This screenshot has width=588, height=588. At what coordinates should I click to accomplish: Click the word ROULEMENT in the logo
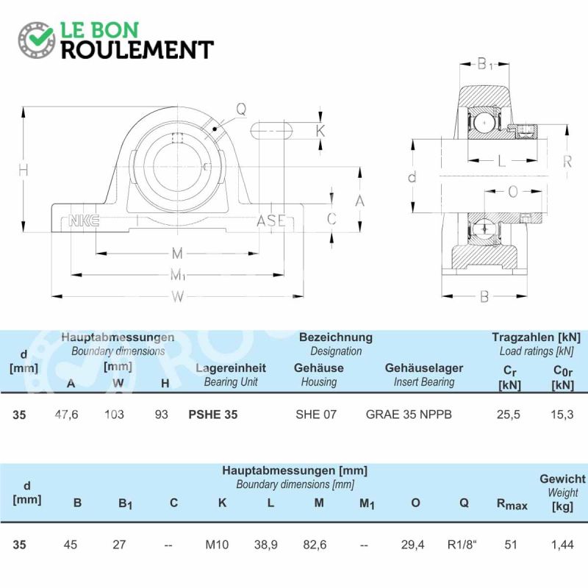137,50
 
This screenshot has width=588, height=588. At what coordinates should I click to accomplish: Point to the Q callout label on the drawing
241,109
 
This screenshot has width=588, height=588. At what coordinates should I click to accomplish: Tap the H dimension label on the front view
24,170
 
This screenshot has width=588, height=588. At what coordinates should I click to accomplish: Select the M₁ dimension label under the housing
178,275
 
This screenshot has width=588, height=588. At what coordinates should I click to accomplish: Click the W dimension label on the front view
178,297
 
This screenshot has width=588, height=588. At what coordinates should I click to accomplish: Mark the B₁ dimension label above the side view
484,64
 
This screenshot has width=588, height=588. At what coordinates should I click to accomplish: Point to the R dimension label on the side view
567,162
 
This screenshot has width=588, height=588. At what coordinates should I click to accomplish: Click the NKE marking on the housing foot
84,221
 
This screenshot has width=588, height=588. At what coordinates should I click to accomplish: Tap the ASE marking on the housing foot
271,220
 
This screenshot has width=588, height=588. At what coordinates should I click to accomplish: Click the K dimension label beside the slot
320,132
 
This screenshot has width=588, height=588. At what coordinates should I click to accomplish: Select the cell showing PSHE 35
213,415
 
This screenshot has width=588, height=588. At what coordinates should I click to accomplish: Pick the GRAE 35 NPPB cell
409,415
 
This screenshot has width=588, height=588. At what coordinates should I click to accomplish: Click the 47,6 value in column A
66,415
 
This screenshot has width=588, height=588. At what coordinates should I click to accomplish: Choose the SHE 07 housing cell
316,415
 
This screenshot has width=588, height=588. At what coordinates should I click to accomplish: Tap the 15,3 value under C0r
562,415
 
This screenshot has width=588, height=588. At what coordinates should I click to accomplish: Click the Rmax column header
512,504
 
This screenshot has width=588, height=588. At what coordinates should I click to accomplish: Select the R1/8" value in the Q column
462,545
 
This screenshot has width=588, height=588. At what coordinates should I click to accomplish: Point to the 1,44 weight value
562,545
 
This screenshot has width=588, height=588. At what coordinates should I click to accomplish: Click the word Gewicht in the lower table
562,479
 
